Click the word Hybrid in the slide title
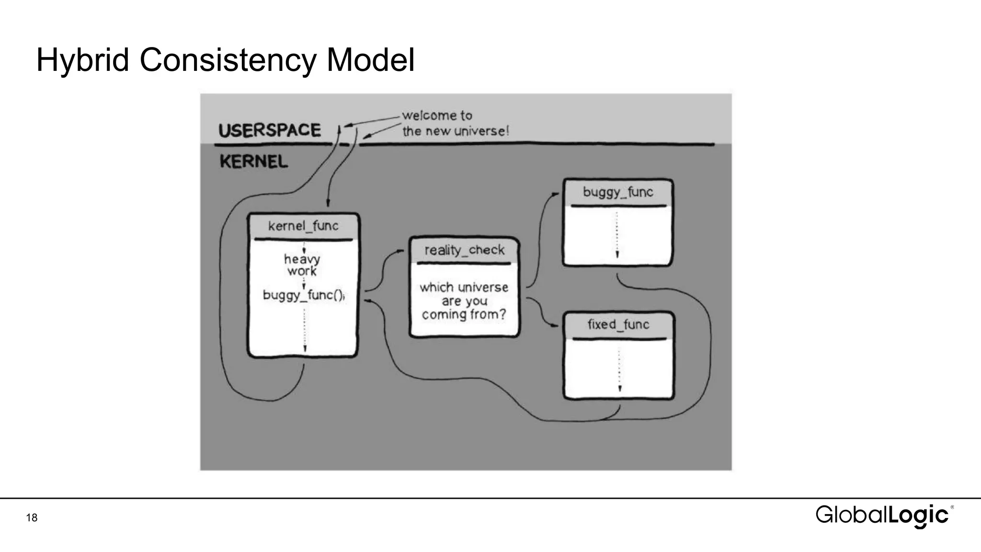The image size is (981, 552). click(82, 60)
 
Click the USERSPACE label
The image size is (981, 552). click(269, 130)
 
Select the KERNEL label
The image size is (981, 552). click(253, 161)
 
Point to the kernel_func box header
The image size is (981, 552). click(303, 226)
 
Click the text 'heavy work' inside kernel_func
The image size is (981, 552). click(302, 265)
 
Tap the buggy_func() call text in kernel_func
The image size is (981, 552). click(303, 295)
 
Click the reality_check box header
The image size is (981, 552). click(464, 250)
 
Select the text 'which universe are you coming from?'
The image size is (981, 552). click(464, 300)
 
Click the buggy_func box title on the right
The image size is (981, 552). click(617, 192)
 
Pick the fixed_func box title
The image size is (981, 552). click(618, 324)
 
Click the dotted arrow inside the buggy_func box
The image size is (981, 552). click(617, 235)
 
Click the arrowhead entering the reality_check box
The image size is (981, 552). click(400, 251)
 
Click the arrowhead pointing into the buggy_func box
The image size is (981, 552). click(555, 194)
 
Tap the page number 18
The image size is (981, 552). click(32, 517)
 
